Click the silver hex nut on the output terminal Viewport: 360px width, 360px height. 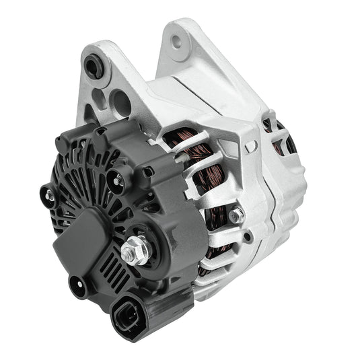(131, 252)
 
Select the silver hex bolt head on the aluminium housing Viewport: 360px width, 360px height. (236, 215)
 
